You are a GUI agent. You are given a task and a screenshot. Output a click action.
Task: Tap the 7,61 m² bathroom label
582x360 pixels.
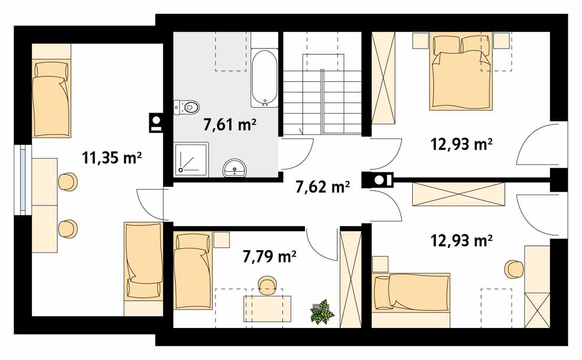tap(229, 125)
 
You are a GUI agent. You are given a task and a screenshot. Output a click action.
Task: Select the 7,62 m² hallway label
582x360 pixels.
tap(323, 186)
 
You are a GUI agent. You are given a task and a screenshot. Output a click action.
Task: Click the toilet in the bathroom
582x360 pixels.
tap(188, 107)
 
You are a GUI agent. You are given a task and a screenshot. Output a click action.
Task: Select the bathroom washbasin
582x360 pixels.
tap(236, 168)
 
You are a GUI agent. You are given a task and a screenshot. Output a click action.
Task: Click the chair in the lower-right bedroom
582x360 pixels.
tap(514, 269)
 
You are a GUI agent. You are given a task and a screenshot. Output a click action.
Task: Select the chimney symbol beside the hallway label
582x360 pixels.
tap(377, 180)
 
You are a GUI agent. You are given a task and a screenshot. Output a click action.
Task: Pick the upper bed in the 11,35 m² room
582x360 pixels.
tap(50, 97)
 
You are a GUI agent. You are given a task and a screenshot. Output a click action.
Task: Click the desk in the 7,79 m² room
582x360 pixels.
tap(267, 308)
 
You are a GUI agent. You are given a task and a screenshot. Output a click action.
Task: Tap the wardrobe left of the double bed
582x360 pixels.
tap(383, 77)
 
